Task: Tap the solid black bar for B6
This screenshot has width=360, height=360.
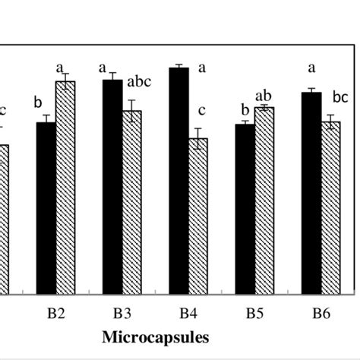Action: [311, 193]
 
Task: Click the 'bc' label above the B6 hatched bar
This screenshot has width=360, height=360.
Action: [340, 97]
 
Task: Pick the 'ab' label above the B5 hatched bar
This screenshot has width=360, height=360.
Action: [264, 96]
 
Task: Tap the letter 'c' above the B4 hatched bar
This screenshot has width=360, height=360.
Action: [201, 111]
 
